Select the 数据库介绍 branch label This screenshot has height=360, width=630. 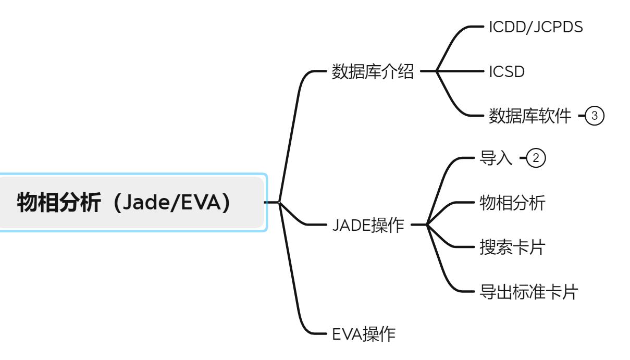coord(373,72)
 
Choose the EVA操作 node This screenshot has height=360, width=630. coord(364,333)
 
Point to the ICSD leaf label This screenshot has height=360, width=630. coord(506,72)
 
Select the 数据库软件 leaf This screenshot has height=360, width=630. coord(530,115)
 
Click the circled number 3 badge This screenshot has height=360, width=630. coord(595,115)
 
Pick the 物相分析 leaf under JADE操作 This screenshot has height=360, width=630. coord(512,203)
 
